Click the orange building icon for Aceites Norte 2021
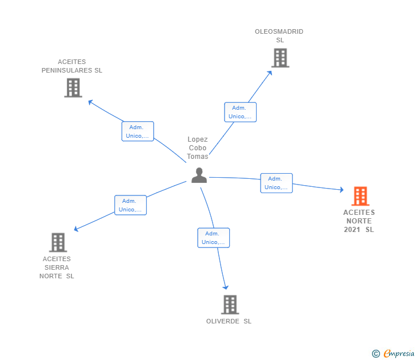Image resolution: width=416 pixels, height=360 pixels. (x=360, y=196)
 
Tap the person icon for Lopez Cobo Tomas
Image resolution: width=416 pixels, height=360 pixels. (x=199, y=175)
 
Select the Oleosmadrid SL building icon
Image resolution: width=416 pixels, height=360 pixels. (x=280, y=58)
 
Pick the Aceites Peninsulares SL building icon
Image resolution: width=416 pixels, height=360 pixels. (x=73, y=87)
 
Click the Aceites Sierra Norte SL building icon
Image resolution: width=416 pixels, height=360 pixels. (x=58, y=242)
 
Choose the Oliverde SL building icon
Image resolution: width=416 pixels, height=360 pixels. (x=230, y=305)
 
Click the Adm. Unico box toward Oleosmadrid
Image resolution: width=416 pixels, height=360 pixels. (x=240, y=112)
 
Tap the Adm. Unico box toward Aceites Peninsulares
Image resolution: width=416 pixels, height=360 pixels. (x=138, y=131)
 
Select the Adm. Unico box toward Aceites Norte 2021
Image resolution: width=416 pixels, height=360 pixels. (x=276, y=183)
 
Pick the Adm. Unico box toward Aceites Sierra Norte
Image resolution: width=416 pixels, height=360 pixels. (x=130, y=205)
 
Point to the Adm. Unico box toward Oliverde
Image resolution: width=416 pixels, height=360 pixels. (x=214, y=238)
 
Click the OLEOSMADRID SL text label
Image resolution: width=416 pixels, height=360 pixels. (x=279, y=36)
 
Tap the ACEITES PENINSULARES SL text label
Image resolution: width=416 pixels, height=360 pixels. (x=72, y=66)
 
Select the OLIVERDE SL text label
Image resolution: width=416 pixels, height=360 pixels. (x=229, y=321)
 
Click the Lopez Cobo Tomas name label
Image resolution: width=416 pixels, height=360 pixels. (x=198, y=148)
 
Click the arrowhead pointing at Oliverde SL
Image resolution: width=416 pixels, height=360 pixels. (x=226, y=287)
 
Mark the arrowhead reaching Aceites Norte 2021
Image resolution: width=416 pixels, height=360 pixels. (x=341, y=190)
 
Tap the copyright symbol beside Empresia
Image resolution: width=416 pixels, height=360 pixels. (x=375, y=354)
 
